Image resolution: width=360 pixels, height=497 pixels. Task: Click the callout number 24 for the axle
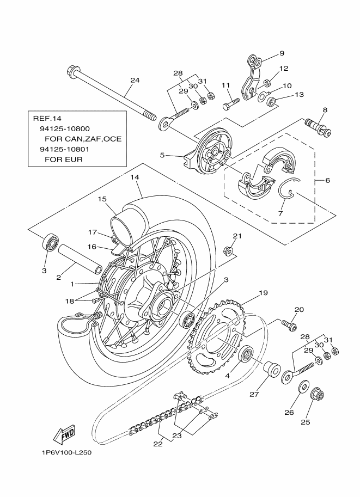[135, 80]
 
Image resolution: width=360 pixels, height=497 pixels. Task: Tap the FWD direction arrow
[64, 435]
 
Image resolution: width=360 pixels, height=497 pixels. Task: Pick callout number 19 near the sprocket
[263, 293]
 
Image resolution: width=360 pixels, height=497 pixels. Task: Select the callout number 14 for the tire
[135, 177]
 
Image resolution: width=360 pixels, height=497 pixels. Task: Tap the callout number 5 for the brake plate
[162, 155]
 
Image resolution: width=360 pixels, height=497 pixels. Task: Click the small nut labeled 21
[227, 251]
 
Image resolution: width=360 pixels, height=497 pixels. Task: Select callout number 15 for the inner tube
[102, 199]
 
